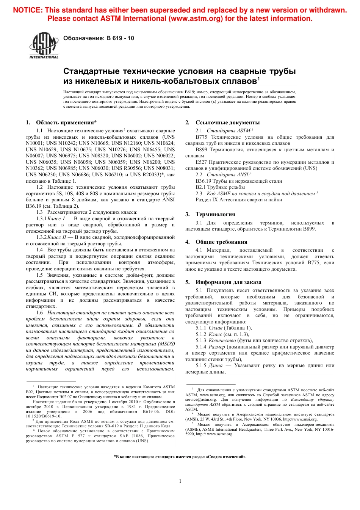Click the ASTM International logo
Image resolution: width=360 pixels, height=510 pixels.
44,46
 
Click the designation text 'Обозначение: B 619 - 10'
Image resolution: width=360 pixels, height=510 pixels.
99,38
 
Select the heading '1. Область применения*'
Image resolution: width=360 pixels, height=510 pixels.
61,122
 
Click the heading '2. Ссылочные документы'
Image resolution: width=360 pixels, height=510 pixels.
222,122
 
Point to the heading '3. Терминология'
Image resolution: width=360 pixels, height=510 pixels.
210,214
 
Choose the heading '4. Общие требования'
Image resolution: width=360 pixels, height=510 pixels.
216,242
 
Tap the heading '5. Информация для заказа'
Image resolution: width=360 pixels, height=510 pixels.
223,282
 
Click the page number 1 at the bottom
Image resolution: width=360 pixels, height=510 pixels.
180,481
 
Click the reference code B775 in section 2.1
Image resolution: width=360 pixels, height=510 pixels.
201,137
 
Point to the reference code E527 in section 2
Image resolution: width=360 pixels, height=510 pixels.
201,162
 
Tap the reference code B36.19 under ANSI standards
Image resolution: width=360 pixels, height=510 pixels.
203,181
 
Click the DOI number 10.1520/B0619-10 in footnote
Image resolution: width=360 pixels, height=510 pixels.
43,416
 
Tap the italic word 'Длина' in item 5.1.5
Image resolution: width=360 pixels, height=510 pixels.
215,366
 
